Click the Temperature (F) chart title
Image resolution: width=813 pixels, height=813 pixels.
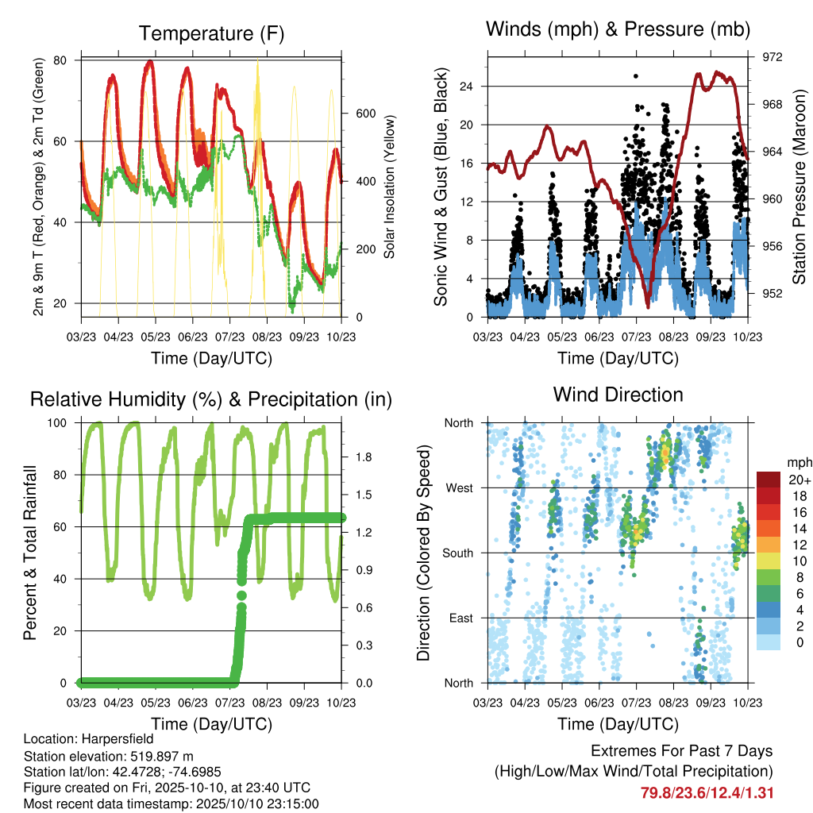211,33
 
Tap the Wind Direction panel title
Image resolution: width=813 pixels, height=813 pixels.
618,395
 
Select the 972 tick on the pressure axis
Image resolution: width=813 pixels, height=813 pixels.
772,57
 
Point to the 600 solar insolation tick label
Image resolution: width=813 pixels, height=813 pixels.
366,114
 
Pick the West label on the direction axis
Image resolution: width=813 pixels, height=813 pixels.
460,488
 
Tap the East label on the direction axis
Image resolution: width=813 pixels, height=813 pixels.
461,618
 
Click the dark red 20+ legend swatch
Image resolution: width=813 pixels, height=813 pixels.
768,480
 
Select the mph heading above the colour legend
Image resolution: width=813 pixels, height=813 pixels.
799,463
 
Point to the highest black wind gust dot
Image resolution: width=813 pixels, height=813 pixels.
636,76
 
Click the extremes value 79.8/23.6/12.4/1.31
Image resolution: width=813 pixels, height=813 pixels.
707,793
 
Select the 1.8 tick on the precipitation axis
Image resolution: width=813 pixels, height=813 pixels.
364,457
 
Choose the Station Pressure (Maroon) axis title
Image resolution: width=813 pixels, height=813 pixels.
799,187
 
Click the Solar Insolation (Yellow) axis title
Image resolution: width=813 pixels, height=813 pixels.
389,187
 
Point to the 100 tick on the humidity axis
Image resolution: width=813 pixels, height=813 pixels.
57,423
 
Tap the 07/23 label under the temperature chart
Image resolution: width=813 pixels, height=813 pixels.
229,337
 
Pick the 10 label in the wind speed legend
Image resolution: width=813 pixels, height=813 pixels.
800,561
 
